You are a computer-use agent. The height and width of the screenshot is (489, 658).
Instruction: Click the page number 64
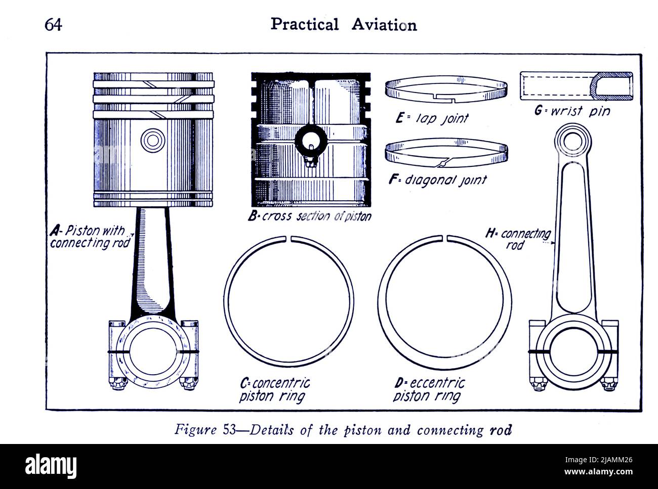[54, 25]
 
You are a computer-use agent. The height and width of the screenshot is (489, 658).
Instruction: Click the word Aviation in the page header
[384, 25]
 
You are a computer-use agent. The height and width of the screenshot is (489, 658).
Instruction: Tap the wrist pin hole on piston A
[153, 140]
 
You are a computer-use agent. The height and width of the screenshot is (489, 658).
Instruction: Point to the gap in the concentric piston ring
[289, 239]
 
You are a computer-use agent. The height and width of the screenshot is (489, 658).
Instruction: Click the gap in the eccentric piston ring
[445, 238]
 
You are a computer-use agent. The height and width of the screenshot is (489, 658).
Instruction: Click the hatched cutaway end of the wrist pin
[612, 85]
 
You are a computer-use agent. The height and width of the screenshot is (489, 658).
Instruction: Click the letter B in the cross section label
[252, 216]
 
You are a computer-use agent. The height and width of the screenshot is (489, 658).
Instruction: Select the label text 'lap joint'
[441, 118]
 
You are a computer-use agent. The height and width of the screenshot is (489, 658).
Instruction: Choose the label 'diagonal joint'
[445, 180]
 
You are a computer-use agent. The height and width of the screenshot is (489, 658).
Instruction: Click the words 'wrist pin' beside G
[580, 111]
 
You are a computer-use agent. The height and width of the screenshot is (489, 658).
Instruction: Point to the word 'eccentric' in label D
[437, 383]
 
